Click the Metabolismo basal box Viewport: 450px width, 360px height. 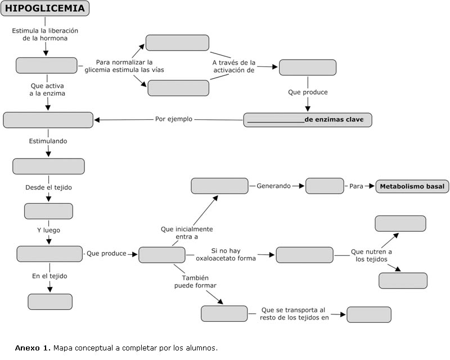click(x=412, y=186)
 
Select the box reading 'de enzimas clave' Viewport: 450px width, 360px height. click(x=308, y=120)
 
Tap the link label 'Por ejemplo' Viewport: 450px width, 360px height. click(x=174, y=119)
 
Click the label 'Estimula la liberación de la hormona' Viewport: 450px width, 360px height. click(x=45, y=34)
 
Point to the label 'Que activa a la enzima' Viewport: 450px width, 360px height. click(x=47, y=90)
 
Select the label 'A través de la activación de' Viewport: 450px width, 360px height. click(x=233, y=66)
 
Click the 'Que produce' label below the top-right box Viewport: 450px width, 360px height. click(x=308, y=92)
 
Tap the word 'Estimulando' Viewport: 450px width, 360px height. click(x=48, y=141)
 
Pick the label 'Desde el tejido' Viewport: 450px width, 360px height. click(x=48, y=187)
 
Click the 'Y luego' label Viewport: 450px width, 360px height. click(x=48, y=229)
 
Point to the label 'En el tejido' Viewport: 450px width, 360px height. click(x=49, y=276)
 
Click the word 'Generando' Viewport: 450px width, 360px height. click(x=274, y=186)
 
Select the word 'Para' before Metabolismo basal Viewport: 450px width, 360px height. click(x=356, y=186)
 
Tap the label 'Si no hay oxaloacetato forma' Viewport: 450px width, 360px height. click(x=226, y=254)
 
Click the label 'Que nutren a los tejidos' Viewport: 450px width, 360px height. click(x=371, y=255)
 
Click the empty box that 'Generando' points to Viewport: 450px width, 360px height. click(x=325, y=186)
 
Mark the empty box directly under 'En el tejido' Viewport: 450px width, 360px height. click(x=50, y=301)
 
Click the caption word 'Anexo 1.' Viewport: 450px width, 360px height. click(x=33, y=348)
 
